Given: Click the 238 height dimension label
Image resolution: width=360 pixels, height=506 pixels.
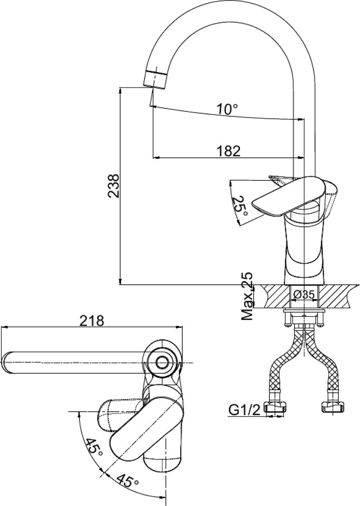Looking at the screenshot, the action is [x=114, y=186].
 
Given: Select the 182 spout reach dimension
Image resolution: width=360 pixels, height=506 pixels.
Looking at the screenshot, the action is [x=228, y=151].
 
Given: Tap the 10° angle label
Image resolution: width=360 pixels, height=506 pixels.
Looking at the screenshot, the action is [x=227, y=109].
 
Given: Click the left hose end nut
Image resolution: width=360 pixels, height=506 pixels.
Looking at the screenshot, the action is [x=276, y=408].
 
